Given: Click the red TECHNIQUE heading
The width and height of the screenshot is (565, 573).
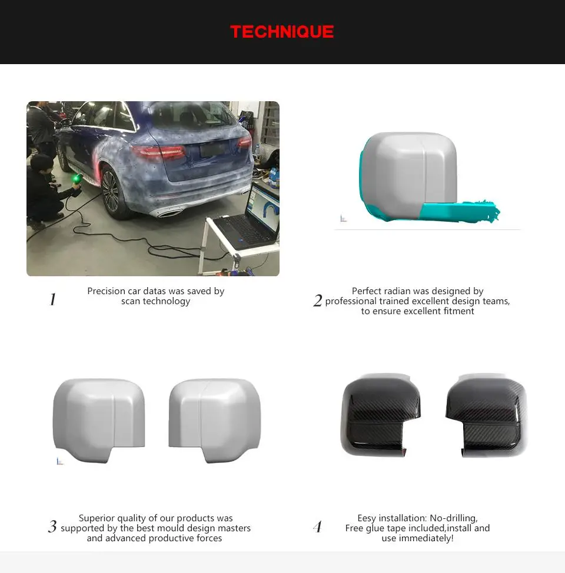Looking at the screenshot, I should pyautogui.click(x=282, y=32).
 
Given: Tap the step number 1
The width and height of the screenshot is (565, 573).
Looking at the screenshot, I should pyautogui.click(x=52, y=300).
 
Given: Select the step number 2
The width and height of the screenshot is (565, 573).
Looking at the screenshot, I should pyautogui.click(x=318, y=301).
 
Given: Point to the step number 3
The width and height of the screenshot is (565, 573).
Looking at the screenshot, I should pyautogui.click(x=52, y=527).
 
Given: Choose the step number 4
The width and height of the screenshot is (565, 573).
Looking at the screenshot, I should pyautogui.click(x=318, y=527).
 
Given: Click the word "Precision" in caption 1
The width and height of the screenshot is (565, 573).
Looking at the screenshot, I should pyautogui.click(x=107, y=291).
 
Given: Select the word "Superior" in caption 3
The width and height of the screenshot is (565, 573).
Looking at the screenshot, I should pyautogui.click(x=98, y=518).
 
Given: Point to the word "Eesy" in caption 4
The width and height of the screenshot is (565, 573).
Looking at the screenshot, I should pyautogui.click(x=367, y=518).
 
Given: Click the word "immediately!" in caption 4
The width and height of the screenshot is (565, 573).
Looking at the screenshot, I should pyautogui.click(x=427, y=538).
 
